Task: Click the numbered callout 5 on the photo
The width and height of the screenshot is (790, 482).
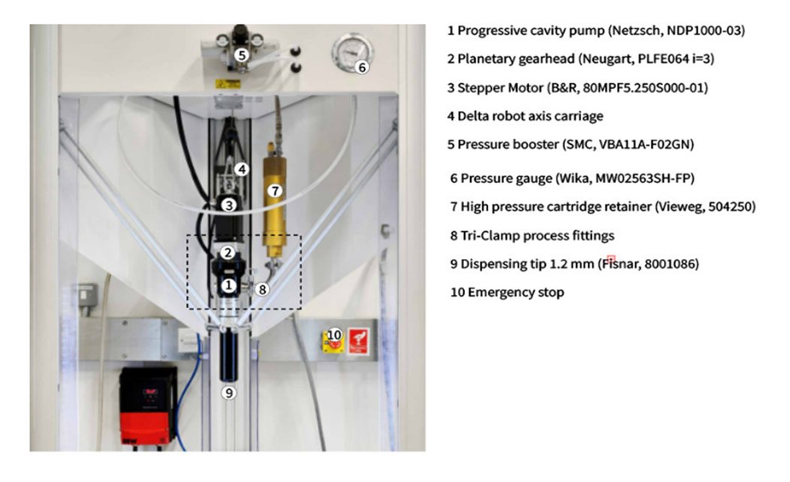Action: click(242, 55)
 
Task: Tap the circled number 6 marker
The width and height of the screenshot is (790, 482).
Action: click(362, 67)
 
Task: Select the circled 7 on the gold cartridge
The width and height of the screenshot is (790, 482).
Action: click(275, 191)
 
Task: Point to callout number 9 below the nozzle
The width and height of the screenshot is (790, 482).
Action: click(229, 393)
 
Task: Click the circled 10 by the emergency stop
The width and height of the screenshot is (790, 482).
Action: click(334, 335)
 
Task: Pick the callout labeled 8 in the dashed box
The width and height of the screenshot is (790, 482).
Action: click(262, 290)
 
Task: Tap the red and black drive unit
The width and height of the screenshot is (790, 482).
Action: click(148, 405)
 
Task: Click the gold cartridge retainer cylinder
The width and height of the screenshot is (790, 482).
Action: click(275, 200)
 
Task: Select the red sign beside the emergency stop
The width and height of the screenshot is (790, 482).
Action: click(358, 341)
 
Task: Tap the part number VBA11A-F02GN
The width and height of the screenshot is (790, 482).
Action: click(646, 145)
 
